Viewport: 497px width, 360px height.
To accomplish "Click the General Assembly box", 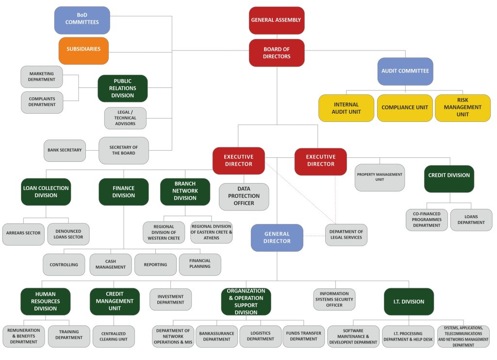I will (277, 20).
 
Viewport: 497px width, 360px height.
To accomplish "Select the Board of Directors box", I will (277, 53).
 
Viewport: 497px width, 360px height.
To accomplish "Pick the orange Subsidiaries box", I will (83, 50).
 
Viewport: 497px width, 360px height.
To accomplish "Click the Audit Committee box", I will (405, 71).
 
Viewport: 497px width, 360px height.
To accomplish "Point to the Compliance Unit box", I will (405, 108).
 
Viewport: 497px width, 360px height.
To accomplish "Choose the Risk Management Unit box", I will (463, 108).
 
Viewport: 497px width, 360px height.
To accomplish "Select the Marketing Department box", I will (42, 77).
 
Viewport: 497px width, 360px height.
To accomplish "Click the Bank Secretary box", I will (64, 150).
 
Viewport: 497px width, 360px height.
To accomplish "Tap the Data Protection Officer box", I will (244, 196).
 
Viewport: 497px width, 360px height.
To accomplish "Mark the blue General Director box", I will (277, 238).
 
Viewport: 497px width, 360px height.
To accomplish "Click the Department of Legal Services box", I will (346, 235).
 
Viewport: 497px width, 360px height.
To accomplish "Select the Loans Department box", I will (471, 220).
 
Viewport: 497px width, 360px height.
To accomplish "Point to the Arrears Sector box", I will (23, 233).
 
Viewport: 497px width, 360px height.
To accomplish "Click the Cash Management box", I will (111, 265).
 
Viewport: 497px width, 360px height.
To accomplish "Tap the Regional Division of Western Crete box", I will (164, 232).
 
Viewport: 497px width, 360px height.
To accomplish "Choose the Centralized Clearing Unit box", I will (114, 337).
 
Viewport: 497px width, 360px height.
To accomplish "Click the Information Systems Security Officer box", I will (334, 299).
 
